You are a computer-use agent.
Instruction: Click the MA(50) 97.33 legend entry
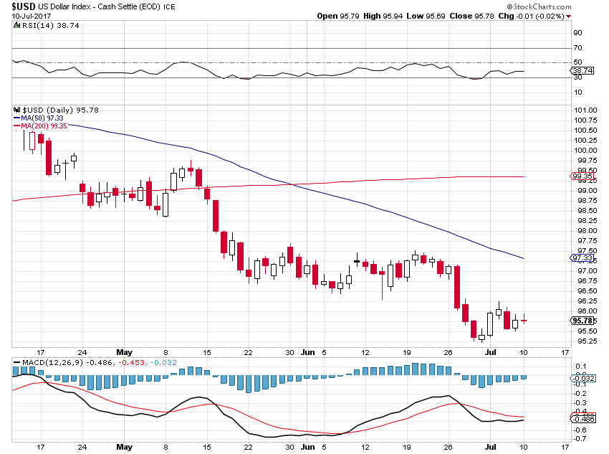point(41,118)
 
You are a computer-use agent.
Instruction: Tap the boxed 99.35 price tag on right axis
point(582,176)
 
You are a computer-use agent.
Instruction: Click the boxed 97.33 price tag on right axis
point(582,257)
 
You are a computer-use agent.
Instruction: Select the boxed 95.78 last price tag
point(582,320)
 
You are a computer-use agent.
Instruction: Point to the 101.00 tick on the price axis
point(585,110)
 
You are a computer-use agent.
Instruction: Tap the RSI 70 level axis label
point(577,47)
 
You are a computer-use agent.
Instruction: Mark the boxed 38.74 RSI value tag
point(582,71)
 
